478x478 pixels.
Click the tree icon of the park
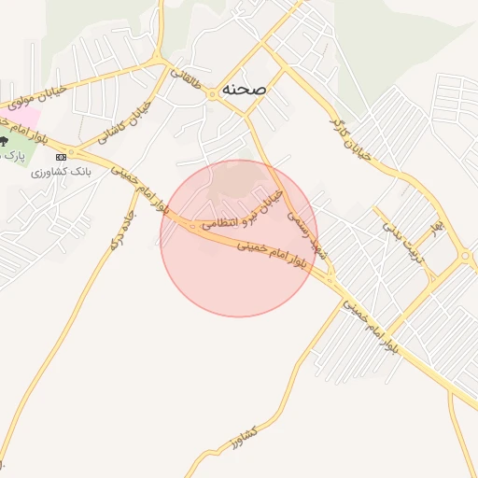[5, 141]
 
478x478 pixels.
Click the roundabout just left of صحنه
[213, 93]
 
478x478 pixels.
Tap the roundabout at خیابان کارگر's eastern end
[464, 256]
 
